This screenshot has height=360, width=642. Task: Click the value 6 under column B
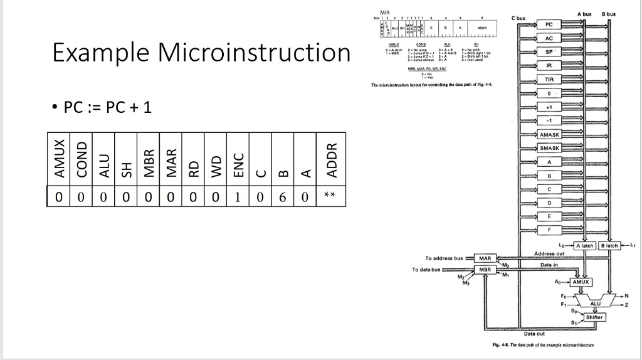282,198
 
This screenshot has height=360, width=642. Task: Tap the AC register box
549,38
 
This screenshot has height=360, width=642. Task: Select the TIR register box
549,80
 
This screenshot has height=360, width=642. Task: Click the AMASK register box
549,135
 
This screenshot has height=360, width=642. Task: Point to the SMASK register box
549,148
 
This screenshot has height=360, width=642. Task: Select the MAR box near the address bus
485,258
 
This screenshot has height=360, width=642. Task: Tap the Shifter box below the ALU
594,317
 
